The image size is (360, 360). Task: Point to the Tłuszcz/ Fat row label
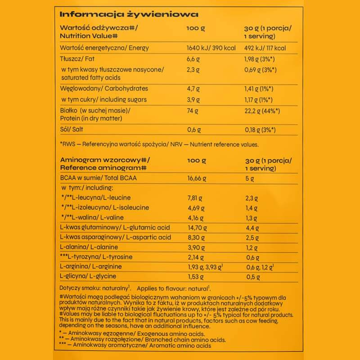pyautogui.click(x=76, y=59)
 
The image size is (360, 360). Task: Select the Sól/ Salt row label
pyautogui.click(x=71, y=130)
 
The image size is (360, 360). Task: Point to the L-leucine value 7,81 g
pyautogui.click(x=195, y=198)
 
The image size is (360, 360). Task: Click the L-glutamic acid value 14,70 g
pyautogui.click(x=197, y=228)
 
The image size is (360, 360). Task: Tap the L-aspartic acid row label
pyautogui.click(x=115, y=238)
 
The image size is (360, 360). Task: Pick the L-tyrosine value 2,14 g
pyautogui.click(x=195, y=257)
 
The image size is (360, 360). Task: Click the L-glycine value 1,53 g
pyautogui.click(x=195, y=277)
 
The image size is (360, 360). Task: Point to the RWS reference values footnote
pyautogui.click(x=159, y=144)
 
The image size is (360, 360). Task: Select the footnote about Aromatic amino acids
pyautogui.click(x=135, y=346)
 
